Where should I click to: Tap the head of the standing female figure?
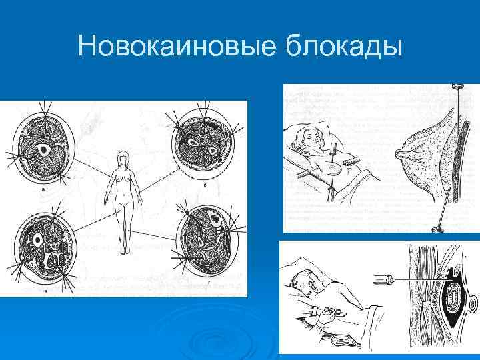click(x=123, y=157)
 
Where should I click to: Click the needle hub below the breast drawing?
click(x=437, y=229)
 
